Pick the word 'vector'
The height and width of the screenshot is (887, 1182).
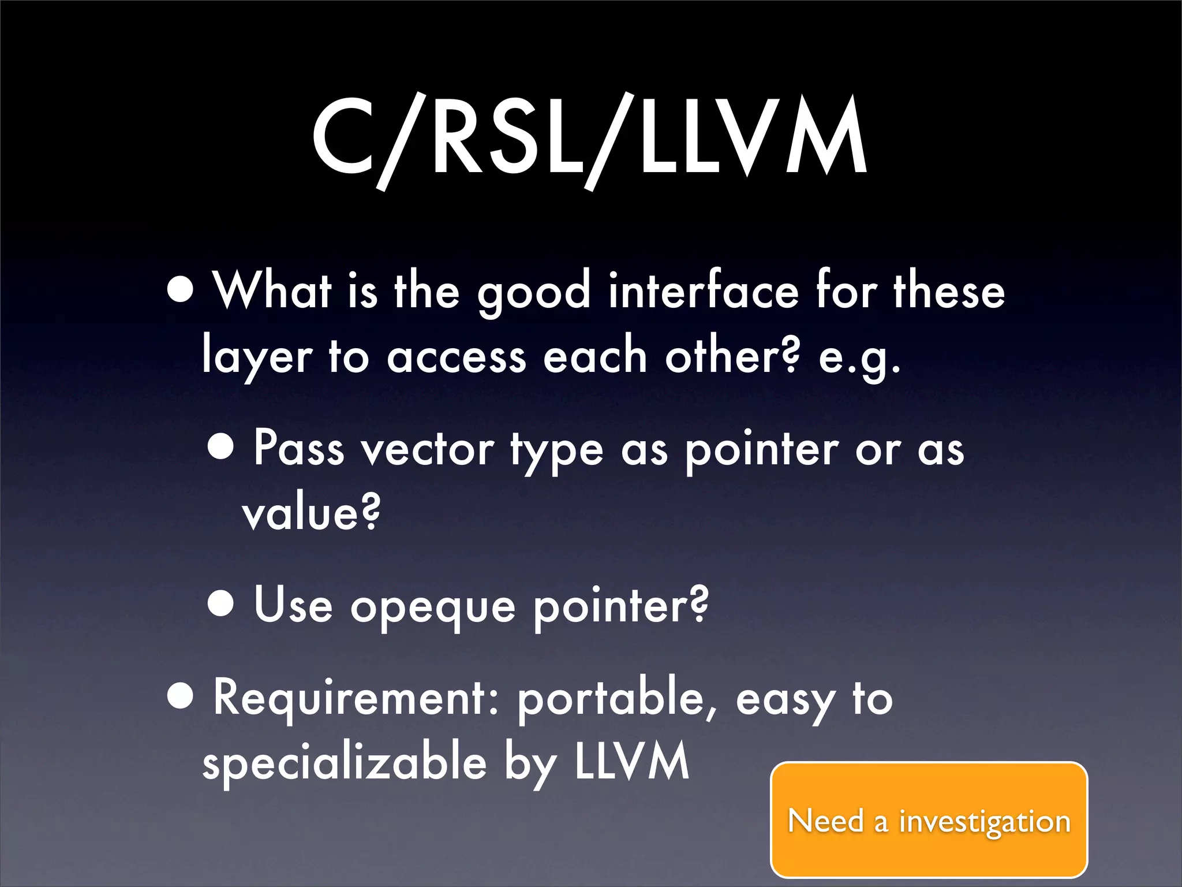427,449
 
